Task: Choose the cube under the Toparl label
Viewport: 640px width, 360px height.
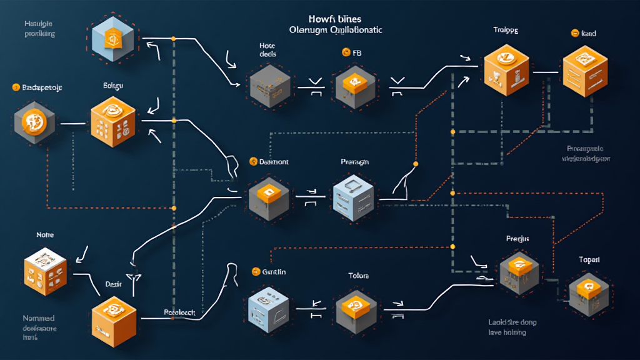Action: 588,292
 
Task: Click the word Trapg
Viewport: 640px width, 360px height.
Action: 506,29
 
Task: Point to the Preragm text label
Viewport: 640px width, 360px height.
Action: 355,162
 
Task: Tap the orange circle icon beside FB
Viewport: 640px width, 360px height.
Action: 346,53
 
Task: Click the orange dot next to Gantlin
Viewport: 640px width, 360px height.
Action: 256,271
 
